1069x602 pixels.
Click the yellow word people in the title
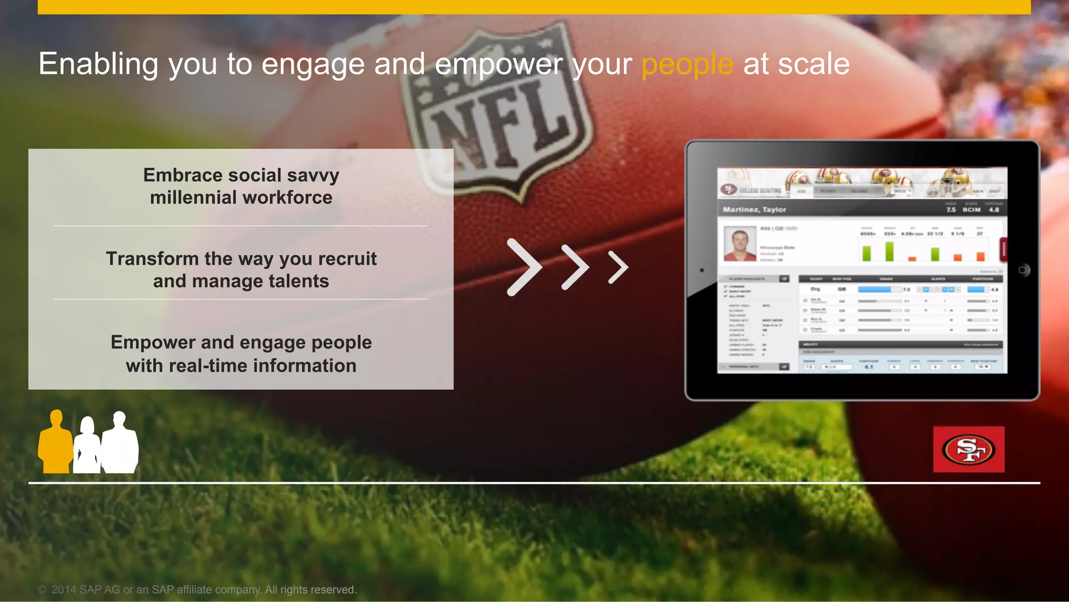point(687,65)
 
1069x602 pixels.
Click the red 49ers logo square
point(969,449)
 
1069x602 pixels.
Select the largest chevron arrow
point(524,268)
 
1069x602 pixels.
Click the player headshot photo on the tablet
point(740,244)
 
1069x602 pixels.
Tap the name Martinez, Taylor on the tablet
point(754,210)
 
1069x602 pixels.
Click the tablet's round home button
point(1024,270)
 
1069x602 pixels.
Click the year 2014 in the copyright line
point(64,590)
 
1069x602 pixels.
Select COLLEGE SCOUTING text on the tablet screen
point(760,191)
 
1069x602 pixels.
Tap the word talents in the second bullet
point(299,282)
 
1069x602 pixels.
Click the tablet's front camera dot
point(702,270)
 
